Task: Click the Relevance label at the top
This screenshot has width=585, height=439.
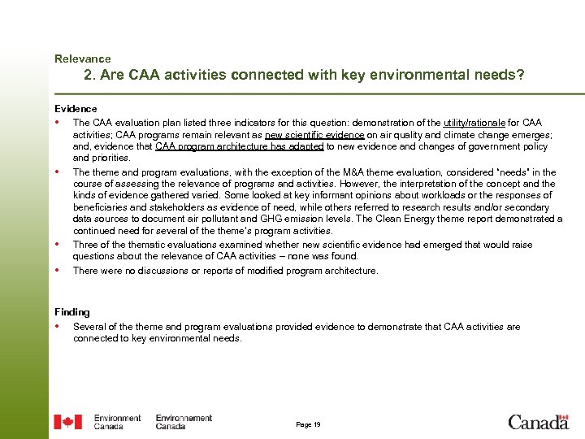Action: pyautogui.click(x=82, y=59)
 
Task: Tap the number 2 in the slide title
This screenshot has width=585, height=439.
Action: pyautogui.click(x=89, y=76)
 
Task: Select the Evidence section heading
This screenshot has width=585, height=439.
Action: pyautogui.click(x=76, y=108)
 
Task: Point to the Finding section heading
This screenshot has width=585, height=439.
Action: pyautogui.click(x=72, y=312)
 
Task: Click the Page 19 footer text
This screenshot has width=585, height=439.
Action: pyautogui.click(x=308, y=424)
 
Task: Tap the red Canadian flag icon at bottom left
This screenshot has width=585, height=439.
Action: pyautogui.click(x=67, y=422)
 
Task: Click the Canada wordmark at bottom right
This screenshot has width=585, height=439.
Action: pyautogui.click(x=538, y=421)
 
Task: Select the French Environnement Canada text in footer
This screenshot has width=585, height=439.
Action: pyautogui.click(x=184, y=422)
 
